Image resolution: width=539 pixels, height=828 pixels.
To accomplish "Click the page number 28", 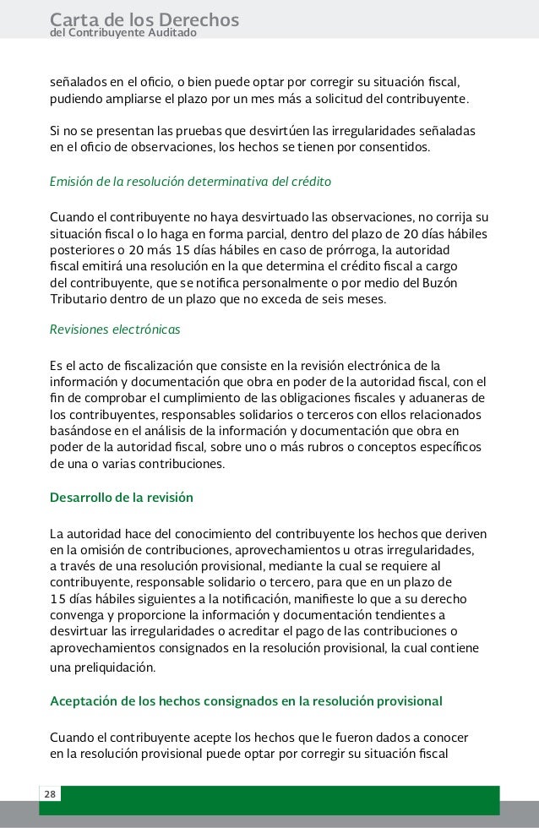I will tap(50, 793).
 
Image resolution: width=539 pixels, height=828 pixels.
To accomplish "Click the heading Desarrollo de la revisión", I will tap(122, 497).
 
